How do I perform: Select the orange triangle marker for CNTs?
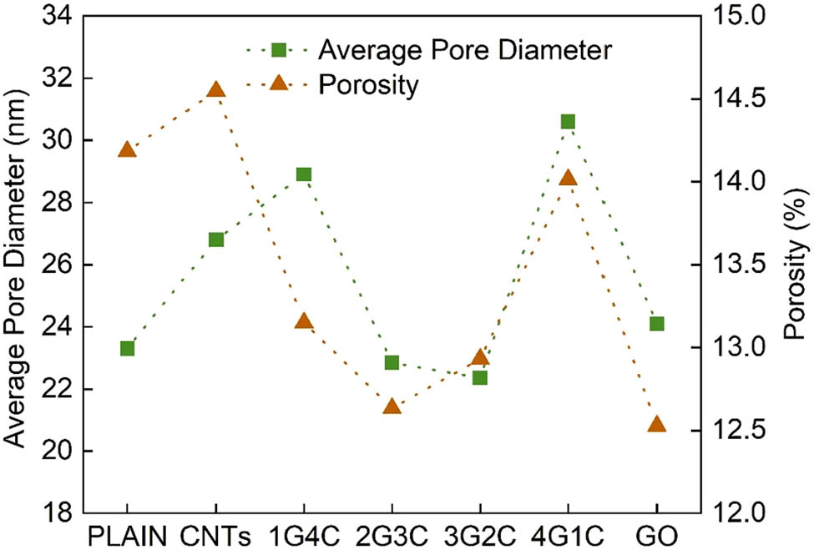pos(215,90)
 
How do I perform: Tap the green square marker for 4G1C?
pos(568,122)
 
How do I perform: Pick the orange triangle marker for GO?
pos(656,424)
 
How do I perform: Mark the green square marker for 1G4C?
pos(304,174)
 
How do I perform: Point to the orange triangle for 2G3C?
pos(392,406)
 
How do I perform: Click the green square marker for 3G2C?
pos(480,377)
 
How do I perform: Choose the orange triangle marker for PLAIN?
pos(127,149)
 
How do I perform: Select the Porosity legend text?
pos(368,85)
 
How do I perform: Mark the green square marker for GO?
pos(656,324)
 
